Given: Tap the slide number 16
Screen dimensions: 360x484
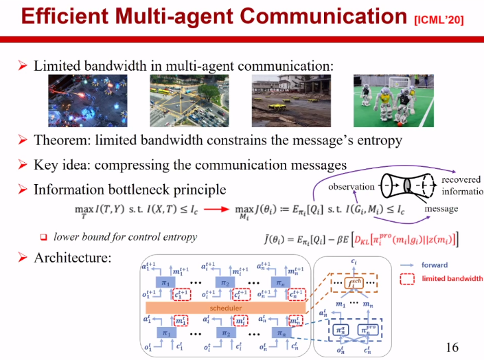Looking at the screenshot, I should coord(452,347).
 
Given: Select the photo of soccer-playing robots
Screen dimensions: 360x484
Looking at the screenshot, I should coord(384,100).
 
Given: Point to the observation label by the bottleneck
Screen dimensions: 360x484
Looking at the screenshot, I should coord(351,186).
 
